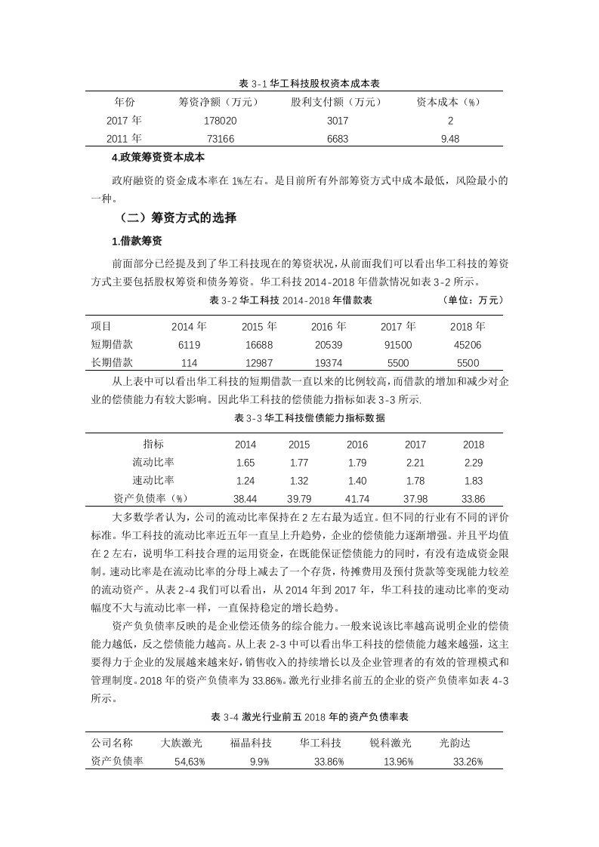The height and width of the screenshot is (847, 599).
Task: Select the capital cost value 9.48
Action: (450, 138)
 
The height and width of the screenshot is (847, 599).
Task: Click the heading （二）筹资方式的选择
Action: (178, 219)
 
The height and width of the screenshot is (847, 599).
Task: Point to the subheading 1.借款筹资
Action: (137, 242)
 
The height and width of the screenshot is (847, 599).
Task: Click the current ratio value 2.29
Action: (474, 463)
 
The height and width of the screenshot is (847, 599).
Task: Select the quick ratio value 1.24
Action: (245, 481)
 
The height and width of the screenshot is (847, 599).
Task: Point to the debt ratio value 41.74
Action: (357, 499)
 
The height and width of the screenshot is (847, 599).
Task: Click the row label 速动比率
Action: (153, 481)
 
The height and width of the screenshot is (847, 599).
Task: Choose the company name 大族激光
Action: (182, 743)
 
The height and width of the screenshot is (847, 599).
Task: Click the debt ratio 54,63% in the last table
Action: (190, 762)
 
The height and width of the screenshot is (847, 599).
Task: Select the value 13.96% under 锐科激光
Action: (398, 762)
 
